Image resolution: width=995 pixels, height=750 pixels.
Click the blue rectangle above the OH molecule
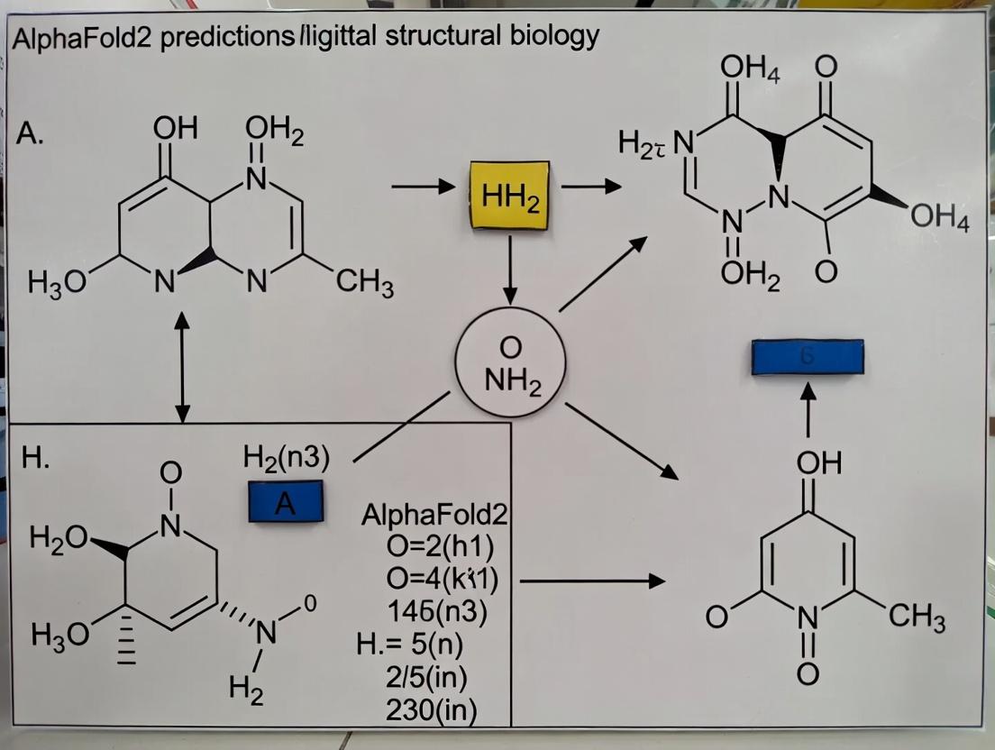[808, 355]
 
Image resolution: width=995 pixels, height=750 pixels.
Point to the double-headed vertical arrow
[183, 367]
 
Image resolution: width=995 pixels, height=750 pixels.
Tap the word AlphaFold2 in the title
[80, 39]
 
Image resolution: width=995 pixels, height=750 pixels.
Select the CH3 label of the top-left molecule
[365, 288]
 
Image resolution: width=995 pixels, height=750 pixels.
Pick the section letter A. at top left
[32, 138]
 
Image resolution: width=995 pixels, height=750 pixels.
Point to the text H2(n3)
[287, 458]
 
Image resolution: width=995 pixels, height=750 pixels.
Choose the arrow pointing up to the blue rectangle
[808, 405]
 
